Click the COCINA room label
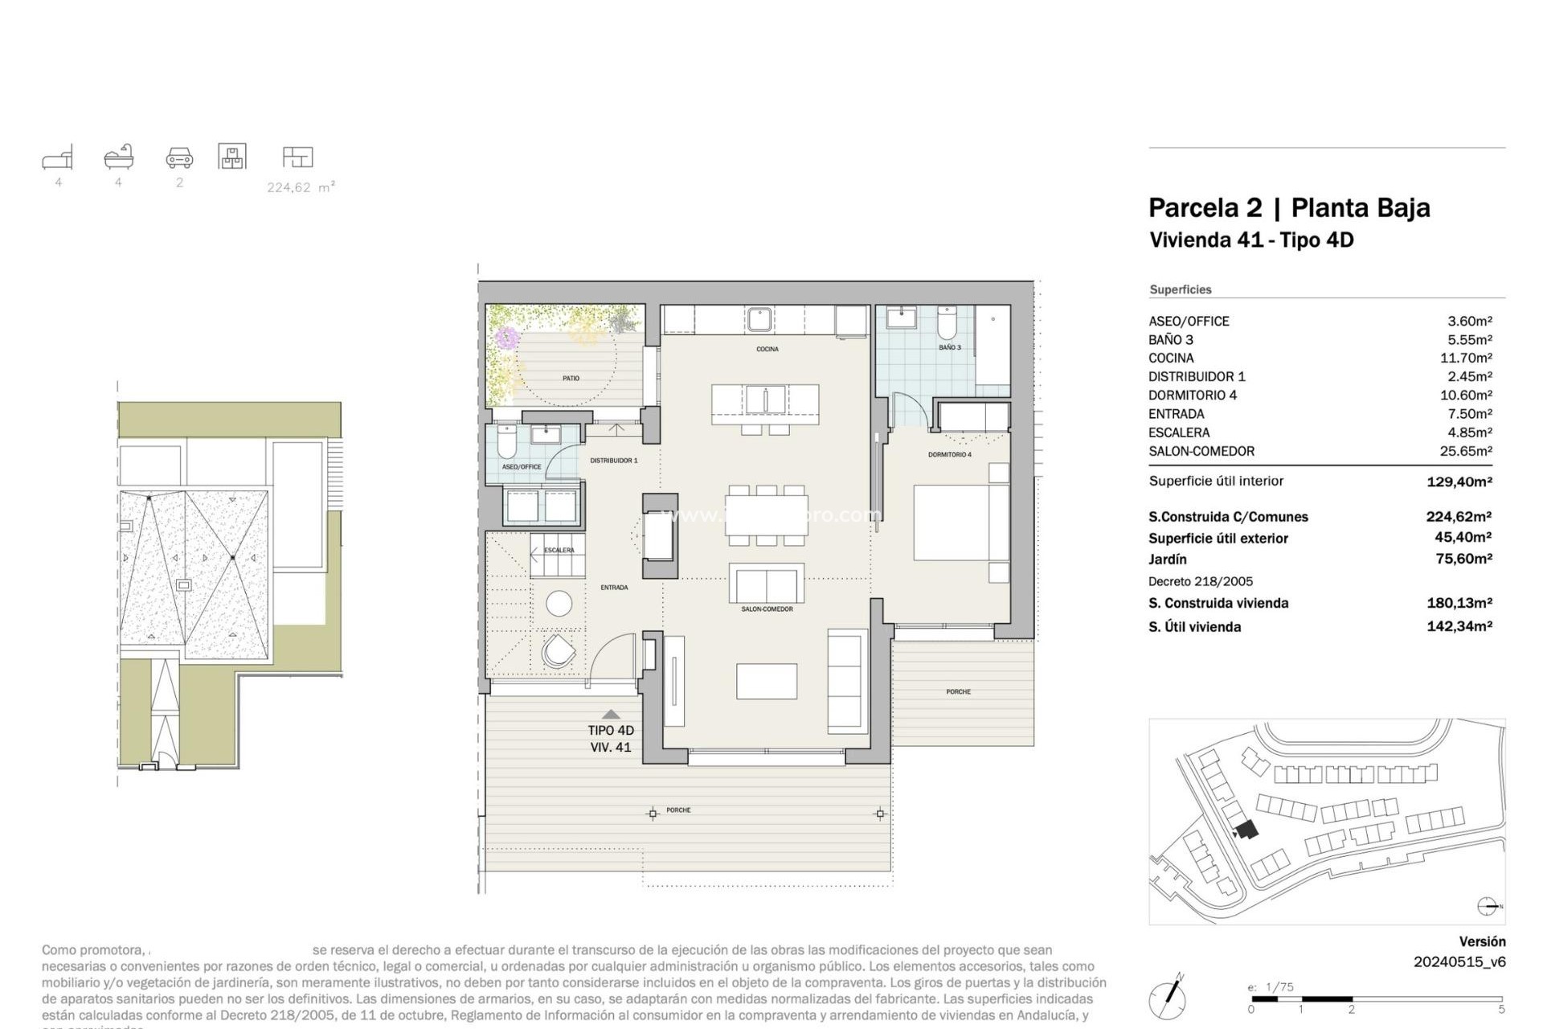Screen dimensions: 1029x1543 click(767, 349)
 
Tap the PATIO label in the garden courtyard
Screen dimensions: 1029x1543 click(571, 378)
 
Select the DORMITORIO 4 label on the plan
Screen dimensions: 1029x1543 click(949, 455)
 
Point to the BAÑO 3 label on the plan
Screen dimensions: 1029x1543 click(949, 347)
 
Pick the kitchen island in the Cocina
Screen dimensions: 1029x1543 click(765, 404)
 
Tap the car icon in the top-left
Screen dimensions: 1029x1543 click(179, 157)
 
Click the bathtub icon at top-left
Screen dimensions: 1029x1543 click(119, 157)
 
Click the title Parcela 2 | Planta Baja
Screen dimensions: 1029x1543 click(1288, 208)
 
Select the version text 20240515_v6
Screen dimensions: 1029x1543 click(1459, 961)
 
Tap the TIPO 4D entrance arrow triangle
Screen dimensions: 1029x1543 click(611, 714)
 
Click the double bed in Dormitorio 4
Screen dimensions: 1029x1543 click(960, 523)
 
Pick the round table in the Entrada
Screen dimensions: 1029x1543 click(559, 603)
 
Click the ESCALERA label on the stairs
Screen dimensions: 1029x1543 click(559, 551)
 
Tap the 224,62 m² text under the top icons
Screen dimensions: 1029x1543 click(301, 187)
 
